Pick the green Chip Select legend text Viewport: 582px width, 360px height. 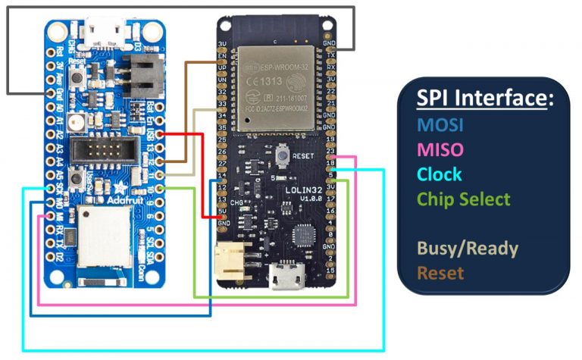[x=464, y=199]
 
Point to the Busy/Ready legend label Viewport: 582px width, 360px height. [x=467, y=248]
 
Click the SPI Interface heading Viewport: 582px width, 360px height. [x=485, y=99]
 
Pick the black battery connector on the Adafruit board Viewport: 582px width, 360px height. [x=142, y=74]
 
